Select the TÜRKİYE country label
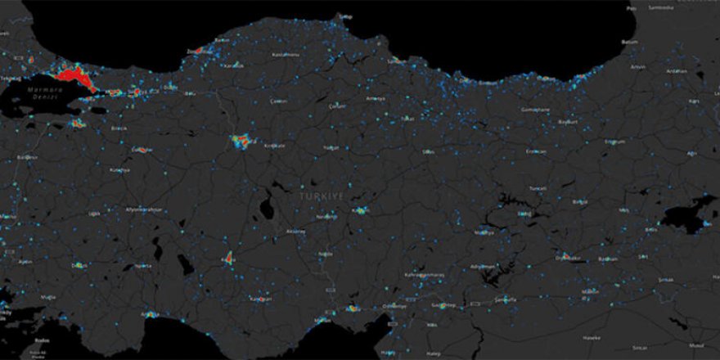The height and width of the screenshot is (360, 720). pos(323,198)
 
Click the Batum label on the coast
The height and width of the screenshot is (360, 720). pos(629,42)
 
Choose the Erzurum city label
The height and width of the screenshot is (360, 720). pos(614,141)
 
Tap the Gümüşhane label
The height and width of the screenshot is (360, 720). pos(537,110)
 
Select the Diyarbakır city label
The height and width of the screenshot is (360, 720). pos(568,258)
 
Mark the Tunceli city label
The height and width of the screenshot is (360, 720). pos(538,187)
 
